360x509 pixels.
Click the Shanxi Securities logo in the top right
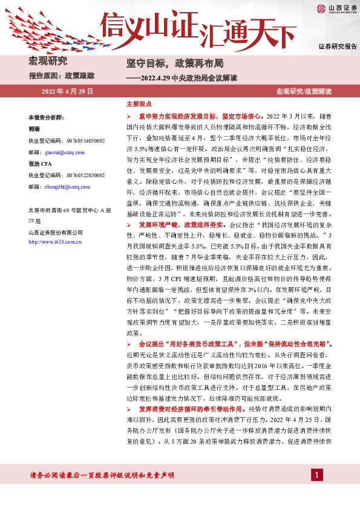click(333, 8)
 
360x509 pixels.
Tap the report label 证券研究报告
click(338, 47)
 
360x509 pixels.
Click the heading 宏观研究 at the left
click(48, 61)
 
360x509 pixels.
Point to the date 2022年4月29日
click(67, 91)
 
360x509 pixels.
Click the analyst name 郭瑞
click(34, 129)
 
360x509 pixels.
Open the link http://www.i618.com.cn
click(55, 242)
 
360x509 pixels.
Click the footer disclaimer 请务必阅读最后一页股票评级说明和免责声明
click(102, 476)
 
